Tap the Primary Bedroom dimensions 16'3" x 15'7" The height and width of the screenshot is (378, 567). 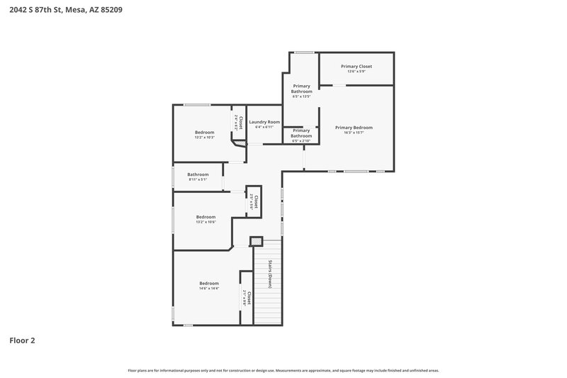pyautogui.click(x=354, y=132)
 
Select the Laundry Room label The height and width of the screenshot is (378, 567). pyautogui.click(x=264, y=122)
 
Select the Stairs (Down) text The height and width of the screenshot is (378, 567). pyautogui.click(x=270, y=274)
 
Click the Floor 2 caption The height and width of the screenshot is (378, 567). pyautogui.click(x=22, y=340)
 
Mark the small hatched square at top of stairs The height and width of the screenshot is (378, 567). pyautogui.click(x=256, y=241)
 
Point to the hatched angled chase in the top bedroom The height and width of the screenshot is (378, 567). pyautogui.click(x=240, y=143)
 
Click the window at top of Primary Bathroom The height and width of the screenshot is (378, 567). pyautogui.click(x=305, y=52)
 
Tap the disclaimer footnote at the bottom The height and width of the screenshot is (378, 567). pyautogui.click(x=283, y=370)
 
